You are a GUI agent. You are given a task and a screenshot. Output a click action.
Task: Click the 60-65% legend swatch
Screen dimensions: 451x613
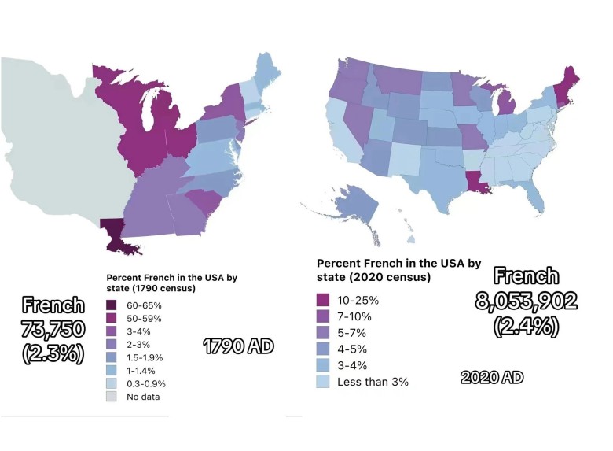point(112,305)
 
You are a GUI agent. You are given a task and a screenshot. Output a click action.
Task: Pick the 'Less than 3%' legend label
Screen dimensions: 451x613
point(373,382)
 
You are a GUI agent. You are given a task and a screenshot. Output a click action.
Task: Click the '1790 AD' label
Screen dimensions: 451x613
point(238,345)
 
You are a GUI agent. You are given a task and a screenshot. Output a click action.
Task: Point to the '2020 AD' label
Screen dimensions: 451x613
point(491,377)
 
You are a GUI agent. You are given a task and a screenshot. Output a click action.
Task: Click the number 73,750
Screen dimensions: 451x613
point(53,330)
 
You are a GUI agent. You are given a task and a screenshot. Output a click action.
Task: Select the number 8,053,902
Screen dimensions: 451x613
point(526,300)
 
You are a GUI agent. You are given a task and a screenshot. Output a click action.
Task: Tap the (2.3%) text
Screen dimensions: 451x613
point(53,353)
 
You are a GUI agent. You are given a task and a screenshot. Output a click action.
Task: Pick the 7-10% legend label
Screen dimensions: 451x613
point(356,316)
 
